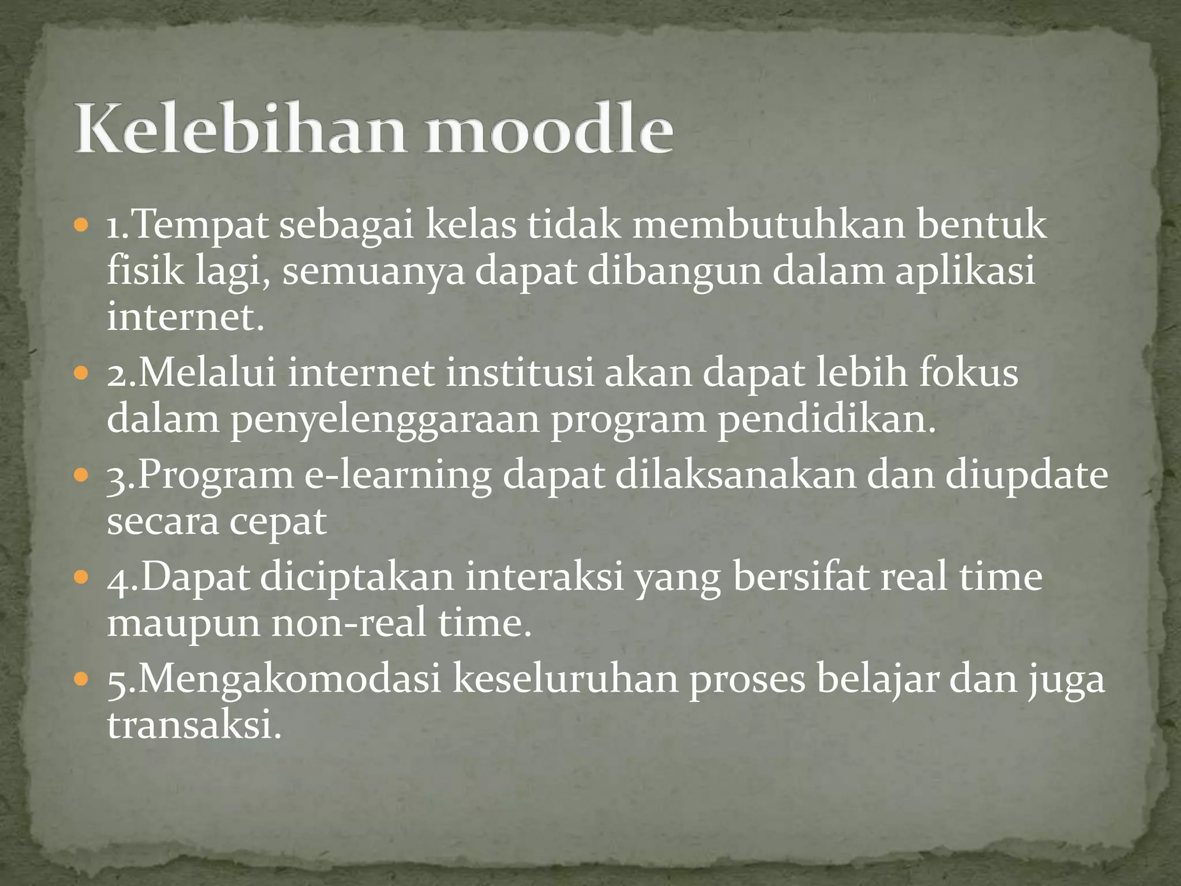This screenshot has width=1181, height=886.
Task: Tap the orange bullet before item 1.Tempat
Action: [82, 224]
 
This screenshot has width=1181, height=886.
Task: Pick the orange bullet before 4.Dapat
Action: [82, 576]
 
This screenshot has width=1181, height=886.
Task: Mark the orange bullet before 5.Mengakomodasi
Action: [82, 678]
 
